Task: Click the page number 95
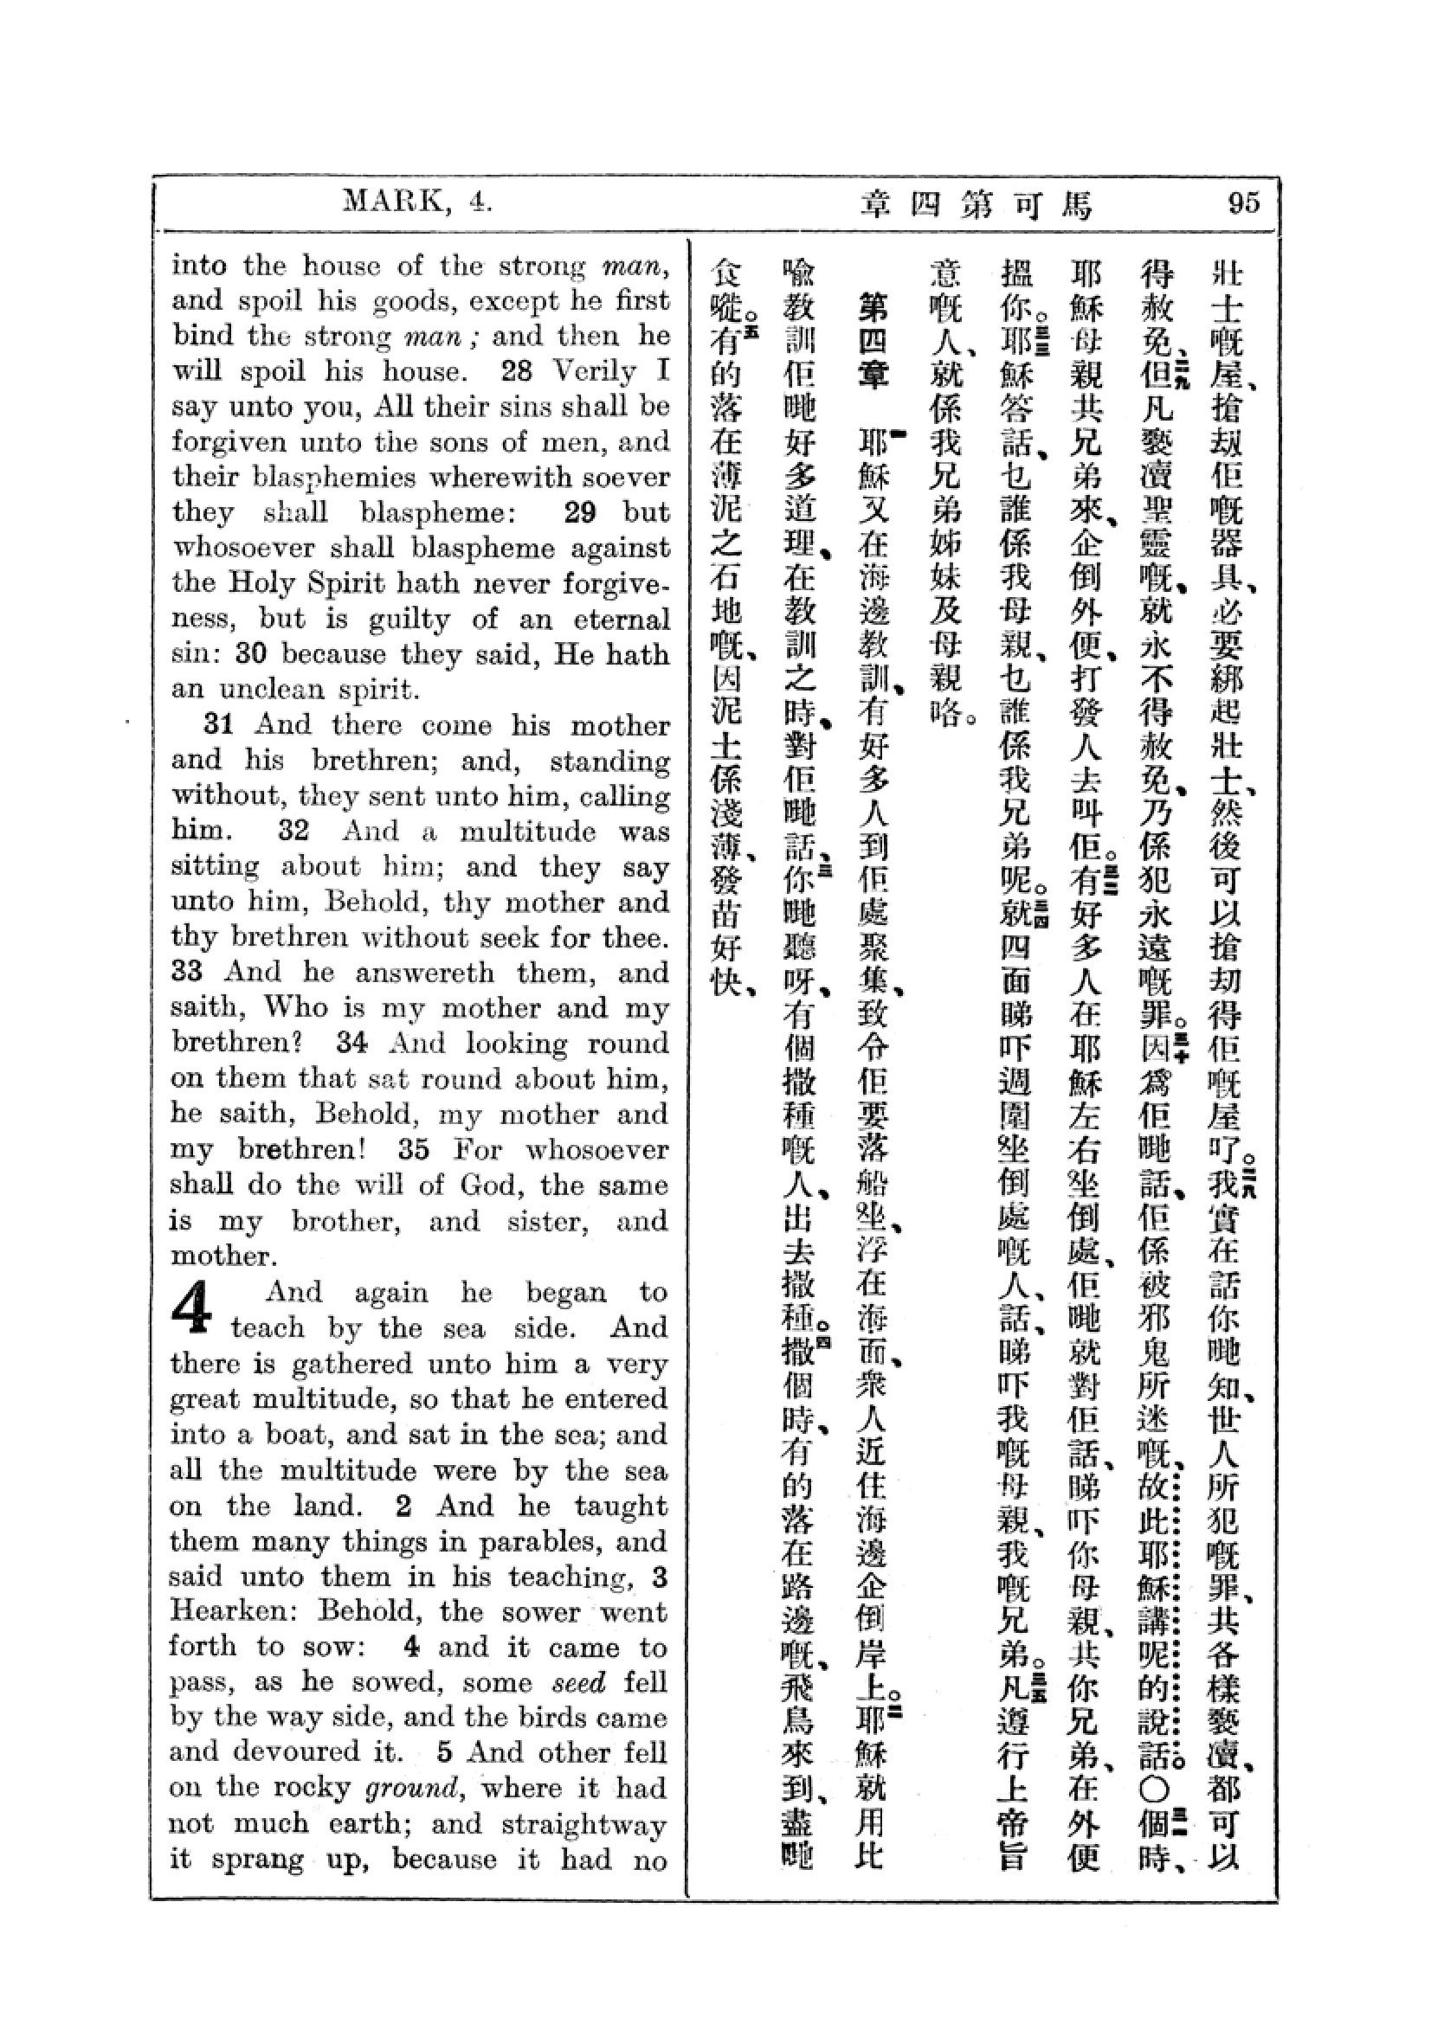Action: point(1244,203)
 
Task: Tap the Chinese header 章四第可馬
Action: point(976,205)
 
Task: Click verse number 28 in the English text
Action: point(517,371)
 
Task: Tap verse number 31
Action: point(219,724)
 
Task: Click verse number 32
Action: point(293,831)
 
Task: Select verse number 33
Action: point(187,972)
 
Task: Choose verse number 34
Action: point(351,1043)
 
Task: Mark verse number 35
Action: point(415,1149)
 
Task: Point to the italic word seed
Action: point(578,1682)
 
